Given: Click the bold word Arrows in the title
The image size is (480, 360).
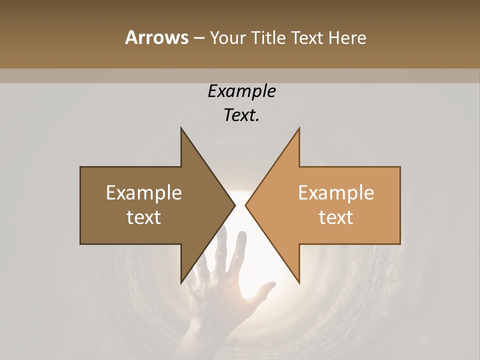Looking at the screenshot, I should pyautogui.click(x=156, y=37).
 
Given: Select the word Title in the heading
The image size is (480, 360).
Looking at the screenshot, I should pyautogui.click(x=270, y=38).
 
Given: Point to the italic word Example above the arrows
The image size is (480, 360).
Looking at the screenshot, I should pyautogui.click(x=242, y=91).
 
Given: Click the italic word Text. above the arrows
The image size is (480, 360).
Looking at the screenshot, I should pyautogui.click(x=242, y=115).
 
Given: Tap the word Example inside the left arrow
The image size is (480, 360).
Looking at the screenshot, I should pyautogui.click(x=144, y=193).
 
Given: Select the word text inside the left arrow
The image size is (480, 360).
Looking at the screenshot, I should pyautogui.click(x=144, y=217).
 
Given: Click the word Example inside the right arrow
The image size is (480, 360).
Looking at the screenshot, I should pyautogui.click(x=336, y=193).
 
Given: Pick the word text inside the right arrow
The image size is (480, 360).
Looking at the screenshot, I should pyautogui.click(x=336, y=217).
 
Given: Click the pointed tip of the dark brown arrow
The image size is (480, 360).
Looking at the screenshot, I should pyautogui.click(x=235, y=205).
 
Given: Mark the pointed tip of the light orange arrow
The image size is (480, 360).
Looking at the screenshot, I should pyautogui.click(x=245, y=205).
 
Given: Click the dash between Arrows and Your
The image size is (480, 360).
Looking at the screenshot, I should pyautogui.click(x=198, y=38).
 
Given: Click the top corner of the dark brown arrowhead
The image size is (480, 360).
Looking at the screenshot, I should pyautogui.click(x=181, y=128).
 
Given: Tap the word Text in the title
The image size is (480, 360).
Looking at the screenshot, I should pyautogui.click(x=307, y=38).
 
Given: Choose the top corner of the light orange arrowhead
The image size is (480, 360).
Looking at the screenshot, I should pyautogui.click(x=299, y=128).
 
